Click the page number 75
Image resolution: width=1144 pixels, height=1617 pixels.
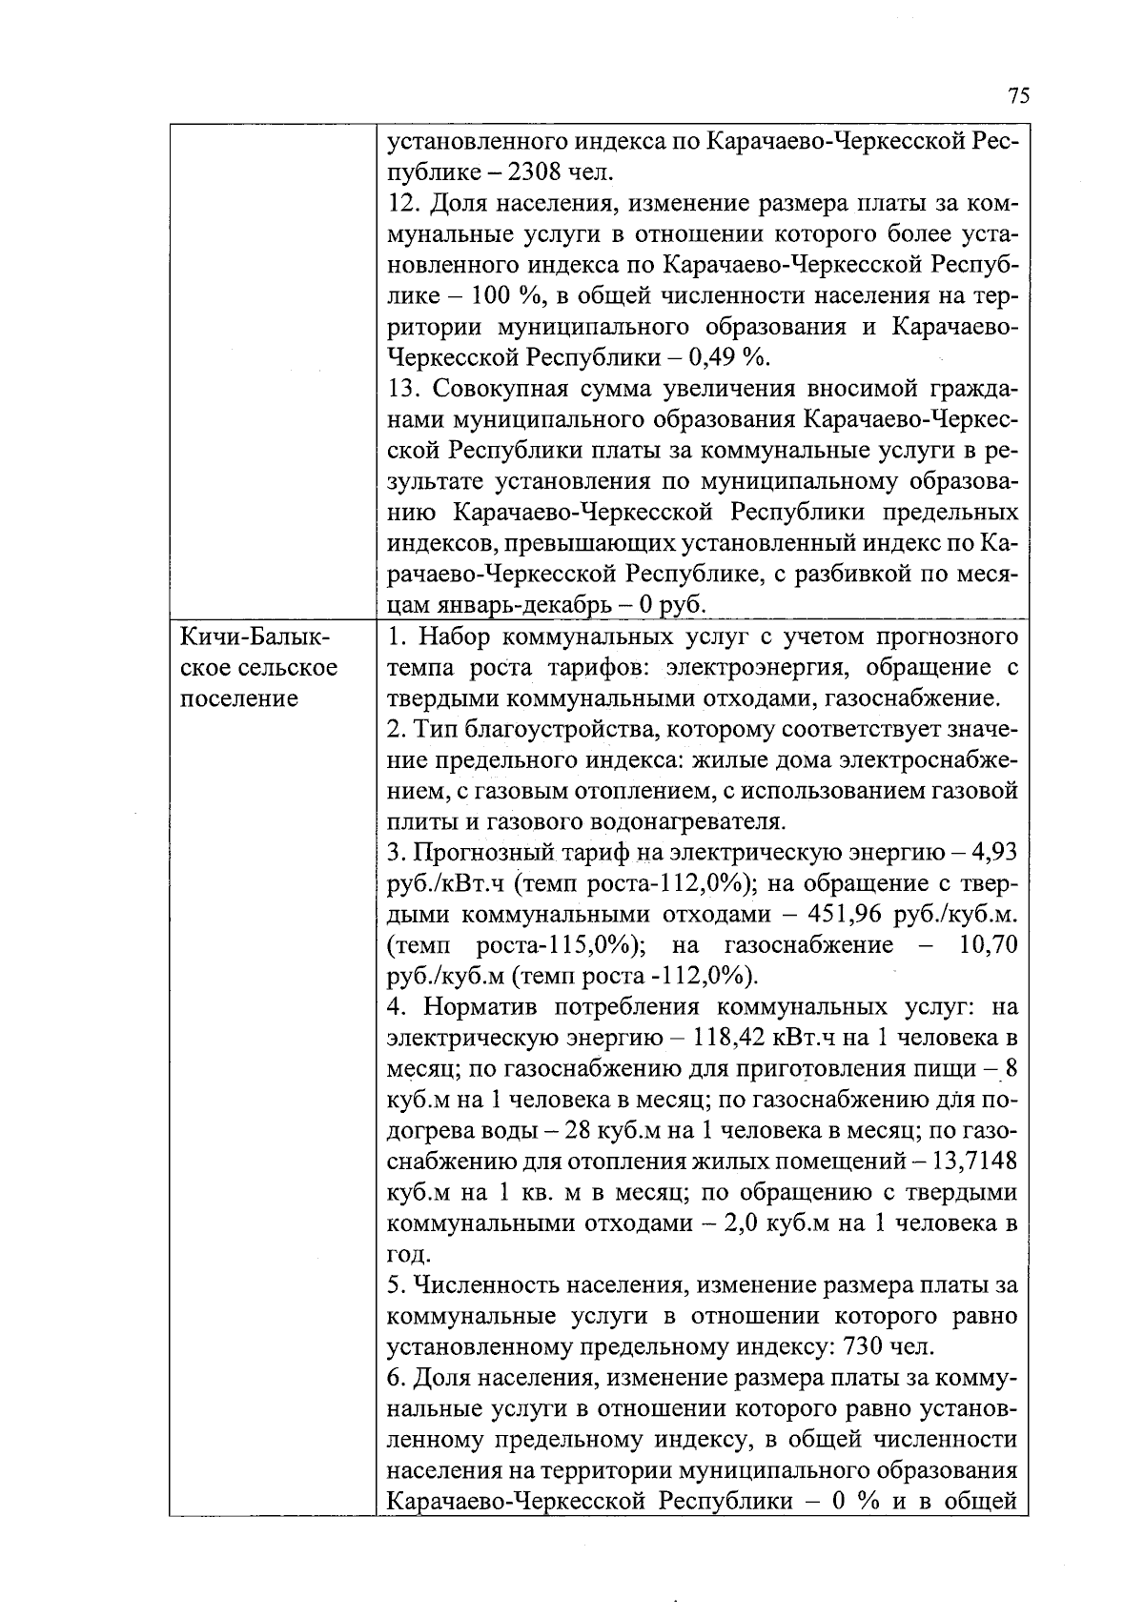coord(1018,96)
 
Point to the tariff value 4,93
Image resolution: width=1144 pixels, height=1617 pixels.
coord(994,851)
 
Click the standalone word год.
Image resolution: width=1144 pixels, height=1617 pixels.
coord(409,1254)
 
